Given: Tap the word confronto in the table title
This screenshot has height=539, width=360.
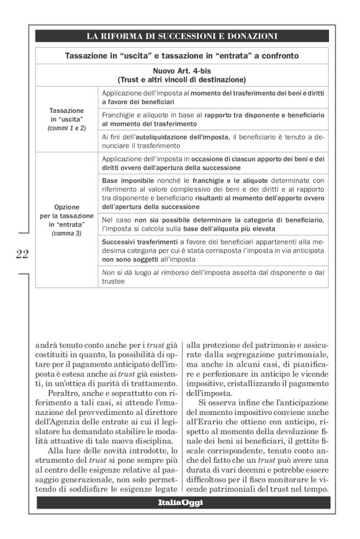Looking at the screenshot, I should click(x=277, y=56).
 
